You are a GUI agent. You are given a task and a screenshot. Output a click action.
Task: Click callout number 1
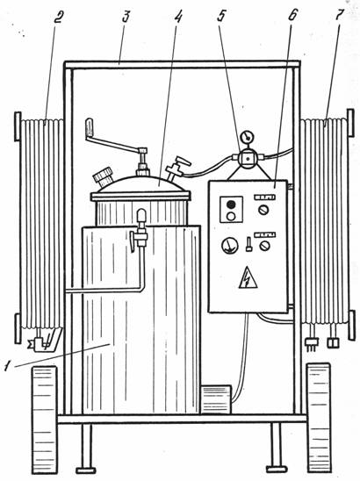click(x=8, y=365)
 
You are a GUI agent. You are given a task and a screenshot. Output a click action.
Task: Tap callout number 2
click(x=57, y=18)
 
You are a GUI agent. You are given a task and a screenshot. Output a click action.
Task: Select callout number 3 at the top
click(x=126, y=17)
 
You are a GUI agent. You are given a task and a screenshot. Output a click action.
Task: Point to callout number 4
click(x=178, y=17)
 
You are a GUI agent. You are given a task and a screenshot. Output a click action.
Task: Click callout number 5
click(x=221, y=17)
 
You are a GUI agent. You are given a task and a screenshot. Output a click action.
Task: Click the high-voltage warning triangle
click(x=248, y=277)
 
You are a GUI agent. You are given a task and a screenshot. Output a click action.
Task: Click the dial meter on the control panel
click(x=230, y=246)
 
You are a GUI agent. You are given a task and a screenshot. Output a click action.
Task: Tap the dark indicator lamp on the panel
click(x=231, y=205)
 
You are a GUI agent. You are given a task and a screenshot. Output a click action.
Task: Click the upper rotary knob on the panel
click(x=263, y=210)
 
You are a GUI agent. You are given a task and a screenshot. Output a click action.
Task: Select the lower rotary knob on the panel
click(x=264, y=246)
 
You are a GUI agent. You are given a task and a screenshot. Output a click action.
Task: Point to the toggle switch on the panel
click(x=248, y=245)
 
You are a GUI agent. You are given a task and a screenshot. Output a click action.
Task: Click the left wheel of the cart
click(x=45, y=420)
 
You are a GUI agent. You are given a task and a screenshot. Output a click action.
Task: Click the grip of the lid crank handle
click(x=89, y=127)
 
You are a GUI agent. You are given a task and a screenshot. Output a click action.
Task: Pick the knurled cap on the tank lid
click(x=103, y=176)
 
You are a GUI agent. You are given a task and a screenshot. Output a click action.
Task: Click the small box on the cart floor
click(x=216, y=399)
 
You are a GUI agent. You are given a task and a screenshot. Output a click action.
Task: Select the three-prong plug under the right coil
click(x=312, y=342)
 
